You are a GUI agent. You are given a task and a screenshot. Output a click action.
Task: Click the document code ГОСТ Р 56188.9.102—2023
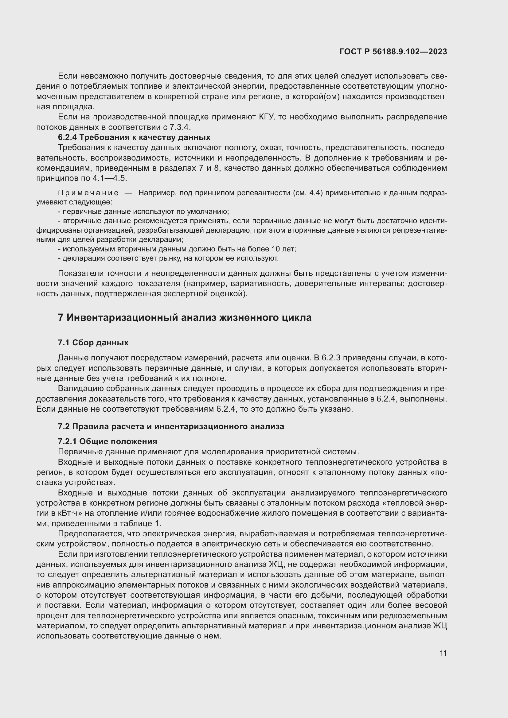(x=393, y=52)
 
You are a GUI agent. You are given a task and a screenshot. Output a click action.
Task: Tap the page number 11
(x=443, y=653)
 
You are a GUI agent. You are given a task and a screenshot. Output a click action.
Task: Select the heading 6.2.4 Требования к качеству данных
(x=134, y=137)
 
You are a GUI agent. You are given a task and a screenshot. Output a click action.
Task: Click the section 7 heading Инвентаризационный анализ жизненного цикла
(x=185, y=318)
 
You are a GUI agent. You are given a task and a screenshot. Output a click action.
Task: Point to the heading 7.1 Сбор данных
(x=93, y=343)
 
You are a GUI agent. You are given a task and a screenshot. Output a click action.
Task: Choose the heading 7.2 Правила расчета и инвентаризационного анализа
(x=171, y=426)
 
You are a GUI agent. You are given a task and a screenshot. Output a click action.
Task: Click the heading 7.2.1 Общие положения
(x=107, y=441)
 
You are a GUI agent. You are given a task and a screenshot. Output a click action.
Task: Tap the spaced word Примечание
(x=88, y=193)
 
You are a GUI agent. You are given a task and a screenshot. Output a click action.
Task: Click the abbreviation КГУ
(x=267, y=117)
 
